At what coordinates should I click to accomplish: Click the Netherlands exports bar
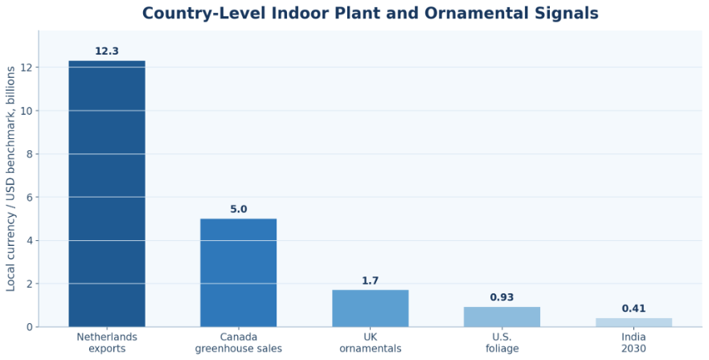tap(107, 194)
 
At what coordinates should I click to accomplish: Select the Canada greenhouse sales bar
tap(238, 272)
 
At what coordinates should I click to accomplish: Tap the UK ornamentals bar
tap(371, 309)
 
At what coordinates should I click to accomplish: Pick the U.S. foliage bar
tap(502, 317)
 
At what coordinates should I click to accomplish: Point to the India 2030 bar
tap(633, 322)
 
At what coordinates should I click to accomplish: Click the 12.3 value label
tap(107, 51)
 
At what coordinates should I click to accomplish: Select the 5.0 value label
tap(239, 210)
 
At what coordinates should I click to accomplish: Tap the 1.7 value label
tap(371, 281)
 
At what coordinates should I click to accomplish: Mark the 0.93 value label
tap(502, 297)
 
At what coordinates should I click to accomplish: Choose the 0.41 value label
tap(633, 309)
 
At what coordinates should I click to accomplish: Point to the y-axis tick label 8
tap(31, 154)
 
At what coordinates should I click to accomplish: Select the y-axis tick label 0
tap(31, 327)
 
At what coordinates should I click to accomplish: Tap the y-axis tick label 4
tap(31, 240)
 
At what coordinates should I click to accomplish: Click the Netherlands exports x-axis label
tap(107, 343)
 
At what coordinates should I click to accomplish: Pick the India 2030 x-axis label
tap(633, 343)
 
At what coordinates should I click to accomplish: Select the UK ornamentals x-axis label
tap(371, 343)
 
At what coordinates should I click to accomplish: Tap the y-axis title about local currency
tap(11, 178)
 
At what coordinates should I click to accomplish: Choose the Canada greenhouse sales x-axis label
tap(238, 343)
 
